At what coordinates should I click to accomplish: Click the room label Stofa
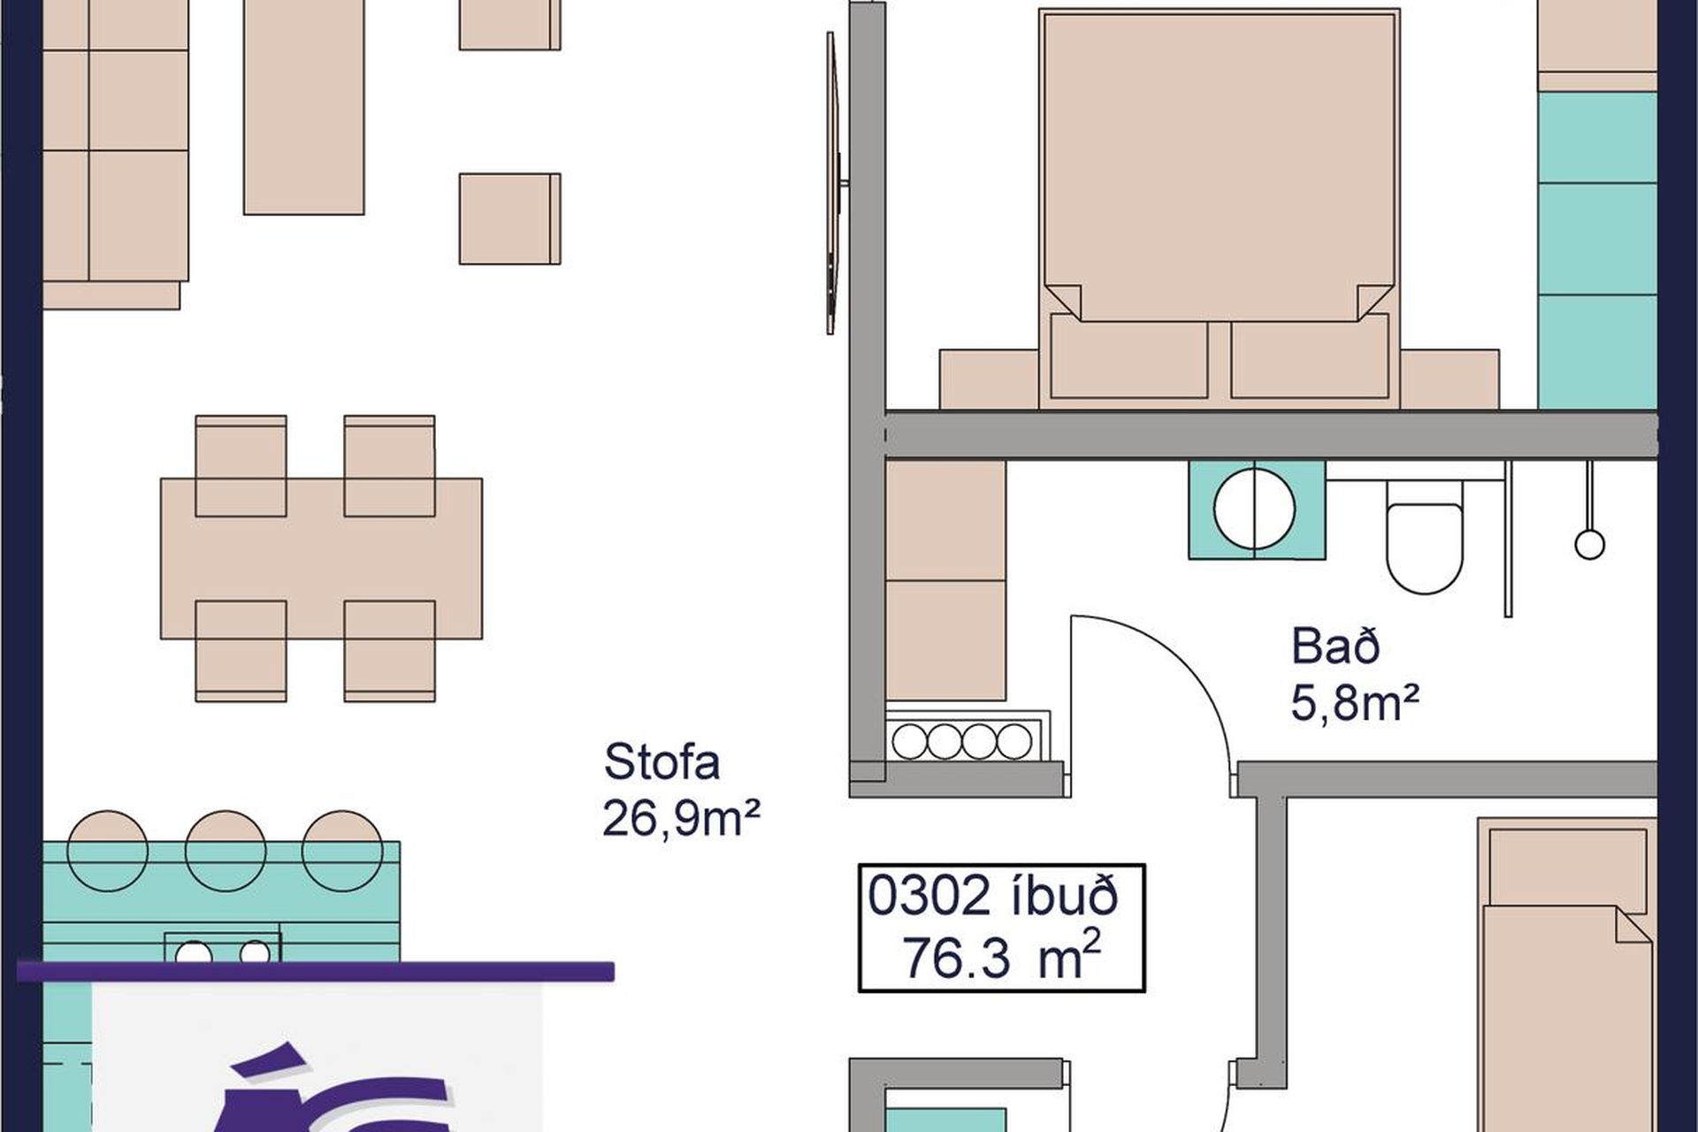[x=662, y=762]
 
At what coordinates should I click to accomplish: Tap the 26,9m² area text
[x=681, y=818]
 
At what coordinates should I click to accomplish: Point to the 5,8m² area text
[x=1355, y=705]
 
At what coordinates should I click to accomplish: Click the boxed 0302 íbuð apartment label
[x=1002, y=928]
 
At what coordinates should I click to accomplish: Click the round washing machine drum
[x=1255, y=510]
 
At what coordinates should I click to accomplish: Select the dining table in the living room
[x=321, y=558]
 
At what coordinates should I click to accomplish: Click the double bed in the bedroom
[x=1220, y=209]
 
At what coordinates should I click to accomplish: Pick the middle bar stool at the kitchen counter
[x=226, y=850]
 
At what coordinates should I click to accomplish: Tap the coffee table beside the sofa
[x=303, y=107]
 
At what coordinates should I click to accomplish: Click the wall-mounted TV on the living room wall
[x=832, y=183]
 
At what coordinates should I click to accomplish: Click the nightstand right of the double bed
[x=1449, y=379]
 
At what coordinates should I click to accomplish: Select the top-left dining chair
[x=241, y=465]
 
